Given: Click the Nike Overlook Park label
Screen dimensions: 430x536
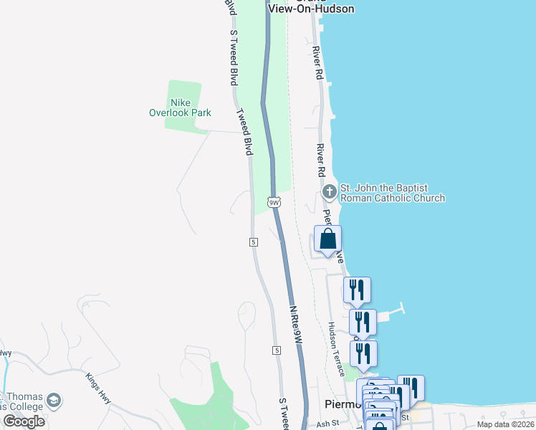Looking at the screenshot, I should [180, 107].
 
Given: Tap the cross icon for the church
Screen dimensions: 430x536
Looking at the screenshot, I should [330, 191].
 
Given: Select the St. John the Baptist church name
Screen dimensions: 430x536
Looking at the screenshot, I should [393, 193].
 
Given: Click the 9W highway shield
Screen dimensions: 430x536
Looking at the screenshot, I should [274, 202].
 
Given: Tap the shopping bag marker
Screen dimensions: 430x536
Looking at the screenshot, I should [327, 239].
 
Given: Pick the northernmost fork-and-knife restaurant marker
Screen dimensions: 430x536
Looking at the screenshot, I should [357, 290].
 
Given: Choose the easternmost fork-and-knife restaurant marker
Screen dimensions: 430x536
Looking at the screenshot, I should [411, 388].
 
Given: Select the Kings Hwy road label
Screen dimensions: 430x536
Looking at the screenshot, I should [98, 388].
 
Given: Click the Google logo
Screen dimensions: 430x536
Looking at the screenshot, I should [24, 421].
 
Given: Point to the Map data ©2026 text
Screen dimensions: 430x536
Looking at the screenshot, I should [504, 424].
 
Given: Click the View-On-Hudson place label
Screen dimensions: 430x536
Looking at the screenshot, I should [312, 8].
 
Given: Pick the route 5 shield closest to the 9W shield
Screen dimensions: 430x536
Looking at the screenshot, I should [254, 242].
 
